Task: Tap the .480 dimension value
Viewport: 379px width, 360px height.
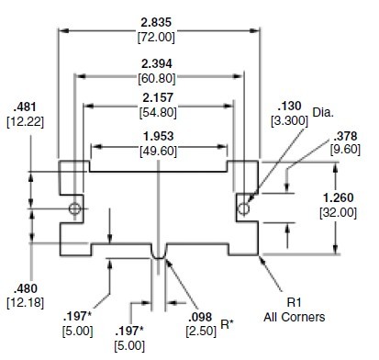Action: click(20, 285)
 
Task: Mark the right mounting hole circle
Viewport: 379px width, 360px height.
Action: click(244, 209)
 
